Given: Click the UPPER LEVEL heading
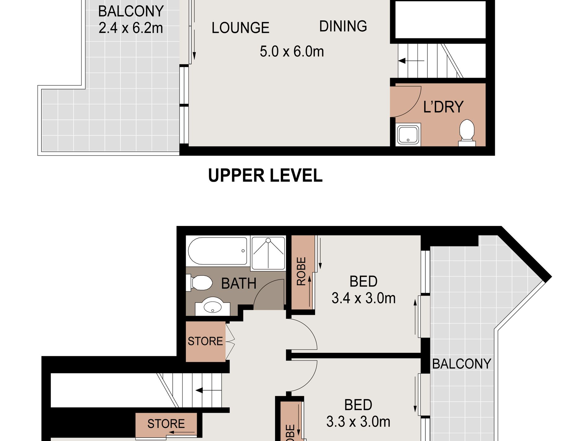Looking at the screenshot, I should pos(265,175).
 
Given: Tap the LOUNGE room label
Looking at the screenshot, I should pos(240,28).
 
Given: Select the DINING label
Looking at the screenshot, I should pos(343,26).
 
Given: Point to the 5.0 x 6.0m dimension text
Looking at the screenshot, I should pos(292,51).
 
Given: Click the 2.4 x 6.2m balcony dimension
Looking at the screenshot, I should pos(131,28).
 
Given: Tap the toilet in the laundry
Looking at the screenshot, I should pos(467,132).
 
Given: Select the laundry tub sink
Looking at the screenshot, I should pos(408,134).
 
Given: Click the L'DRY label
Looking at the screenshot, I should pos(443,107).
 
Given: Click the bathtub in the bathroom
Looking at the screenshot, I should pos(218,251).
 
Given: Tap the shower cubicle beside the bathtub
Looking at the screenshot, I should pos(268,253).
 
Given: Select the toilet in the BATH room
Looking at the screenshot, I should pos(200,283).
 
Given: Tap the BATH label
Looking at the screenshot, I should pos(239,283).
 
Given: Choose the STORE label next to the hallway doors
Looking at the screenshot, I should pos(205,341).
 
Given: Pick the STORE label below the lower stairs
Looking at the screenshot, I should pos(166,424).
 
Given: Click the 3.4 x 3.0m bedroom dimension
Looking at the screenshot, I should pos(363,298).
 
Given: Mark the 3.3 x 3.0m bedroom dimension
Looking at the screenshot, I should pos(358,422).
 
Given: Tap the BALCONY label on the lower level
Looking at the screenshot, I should pos(461,364).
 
